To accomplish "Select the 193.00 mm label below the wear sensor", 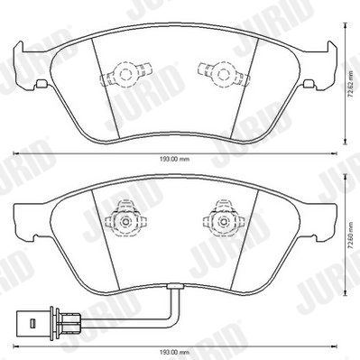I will click(175, 349).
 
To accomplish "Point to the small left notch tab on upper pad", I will click(41, 86).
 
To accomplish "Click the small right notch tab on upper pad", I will click(309, 86).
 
